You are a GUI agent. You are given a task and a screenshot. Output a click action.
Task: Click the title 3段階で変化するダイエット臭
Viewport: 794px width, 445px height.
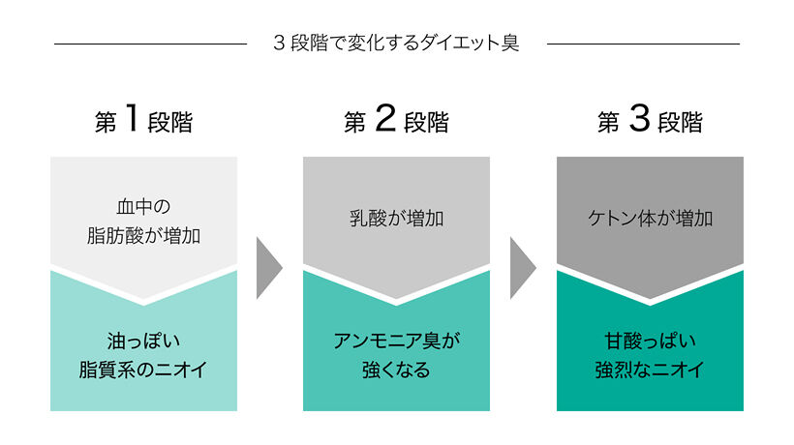[396, 43]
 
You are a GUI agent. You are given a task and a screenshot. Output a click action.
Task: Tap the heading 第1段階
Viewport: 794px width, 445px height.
[144, 119]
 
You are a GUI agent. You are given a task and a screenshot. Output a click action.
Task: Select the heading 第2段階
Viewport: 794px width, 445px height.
[396, 119]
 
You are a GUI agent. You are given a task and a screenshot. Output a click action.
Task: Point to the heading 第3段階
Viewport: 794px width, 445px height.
[650, 119]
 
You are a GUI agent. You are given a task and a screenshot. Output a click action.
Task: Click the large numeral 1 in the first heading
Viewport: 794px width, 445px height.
[132, 117]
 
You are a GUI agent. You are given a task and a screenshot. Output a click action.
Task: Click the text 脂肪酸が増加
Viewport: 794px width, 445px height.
[144, 236]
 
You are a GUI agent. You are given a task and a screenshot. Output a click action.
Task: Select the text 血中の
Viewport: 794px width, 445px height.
[144, 206]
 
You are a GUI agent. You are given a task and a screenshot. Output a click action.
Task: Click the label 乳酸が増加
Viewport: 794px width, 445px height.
[396, 219]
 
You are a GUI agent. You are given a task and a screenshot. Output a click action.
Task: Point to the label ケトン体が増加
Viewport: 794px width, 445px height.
[650, 219]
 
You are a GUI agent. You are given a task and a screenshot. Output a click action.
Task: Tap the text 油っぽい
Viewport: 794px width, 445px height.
[144, 341]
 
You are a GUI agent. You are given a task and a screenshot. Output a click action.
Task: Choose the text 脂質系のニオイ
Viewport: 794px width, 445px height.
[143, 370]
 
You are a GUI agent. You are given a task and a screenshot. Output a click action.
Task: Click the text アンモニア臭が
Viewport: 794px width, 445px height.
[396, 341]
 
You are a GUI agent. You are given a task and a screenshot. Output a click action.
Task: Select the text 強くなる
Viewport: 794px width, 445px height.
[396, 370]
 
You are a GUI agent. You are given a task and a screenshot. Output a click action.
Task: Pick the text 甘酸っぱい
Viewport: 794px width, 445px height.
[650, 341]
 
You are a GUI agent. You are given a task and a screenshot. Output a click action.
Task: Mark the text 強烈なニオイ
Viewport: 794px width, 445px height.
[650, 370]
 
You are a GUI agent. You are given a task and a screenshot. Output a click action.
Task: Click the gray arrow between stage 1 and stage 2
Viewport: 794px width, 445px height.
[267, 268]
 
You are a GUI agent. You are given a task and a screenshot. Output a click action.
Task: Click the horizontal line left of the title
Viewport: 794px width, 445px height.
[150, 44]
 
